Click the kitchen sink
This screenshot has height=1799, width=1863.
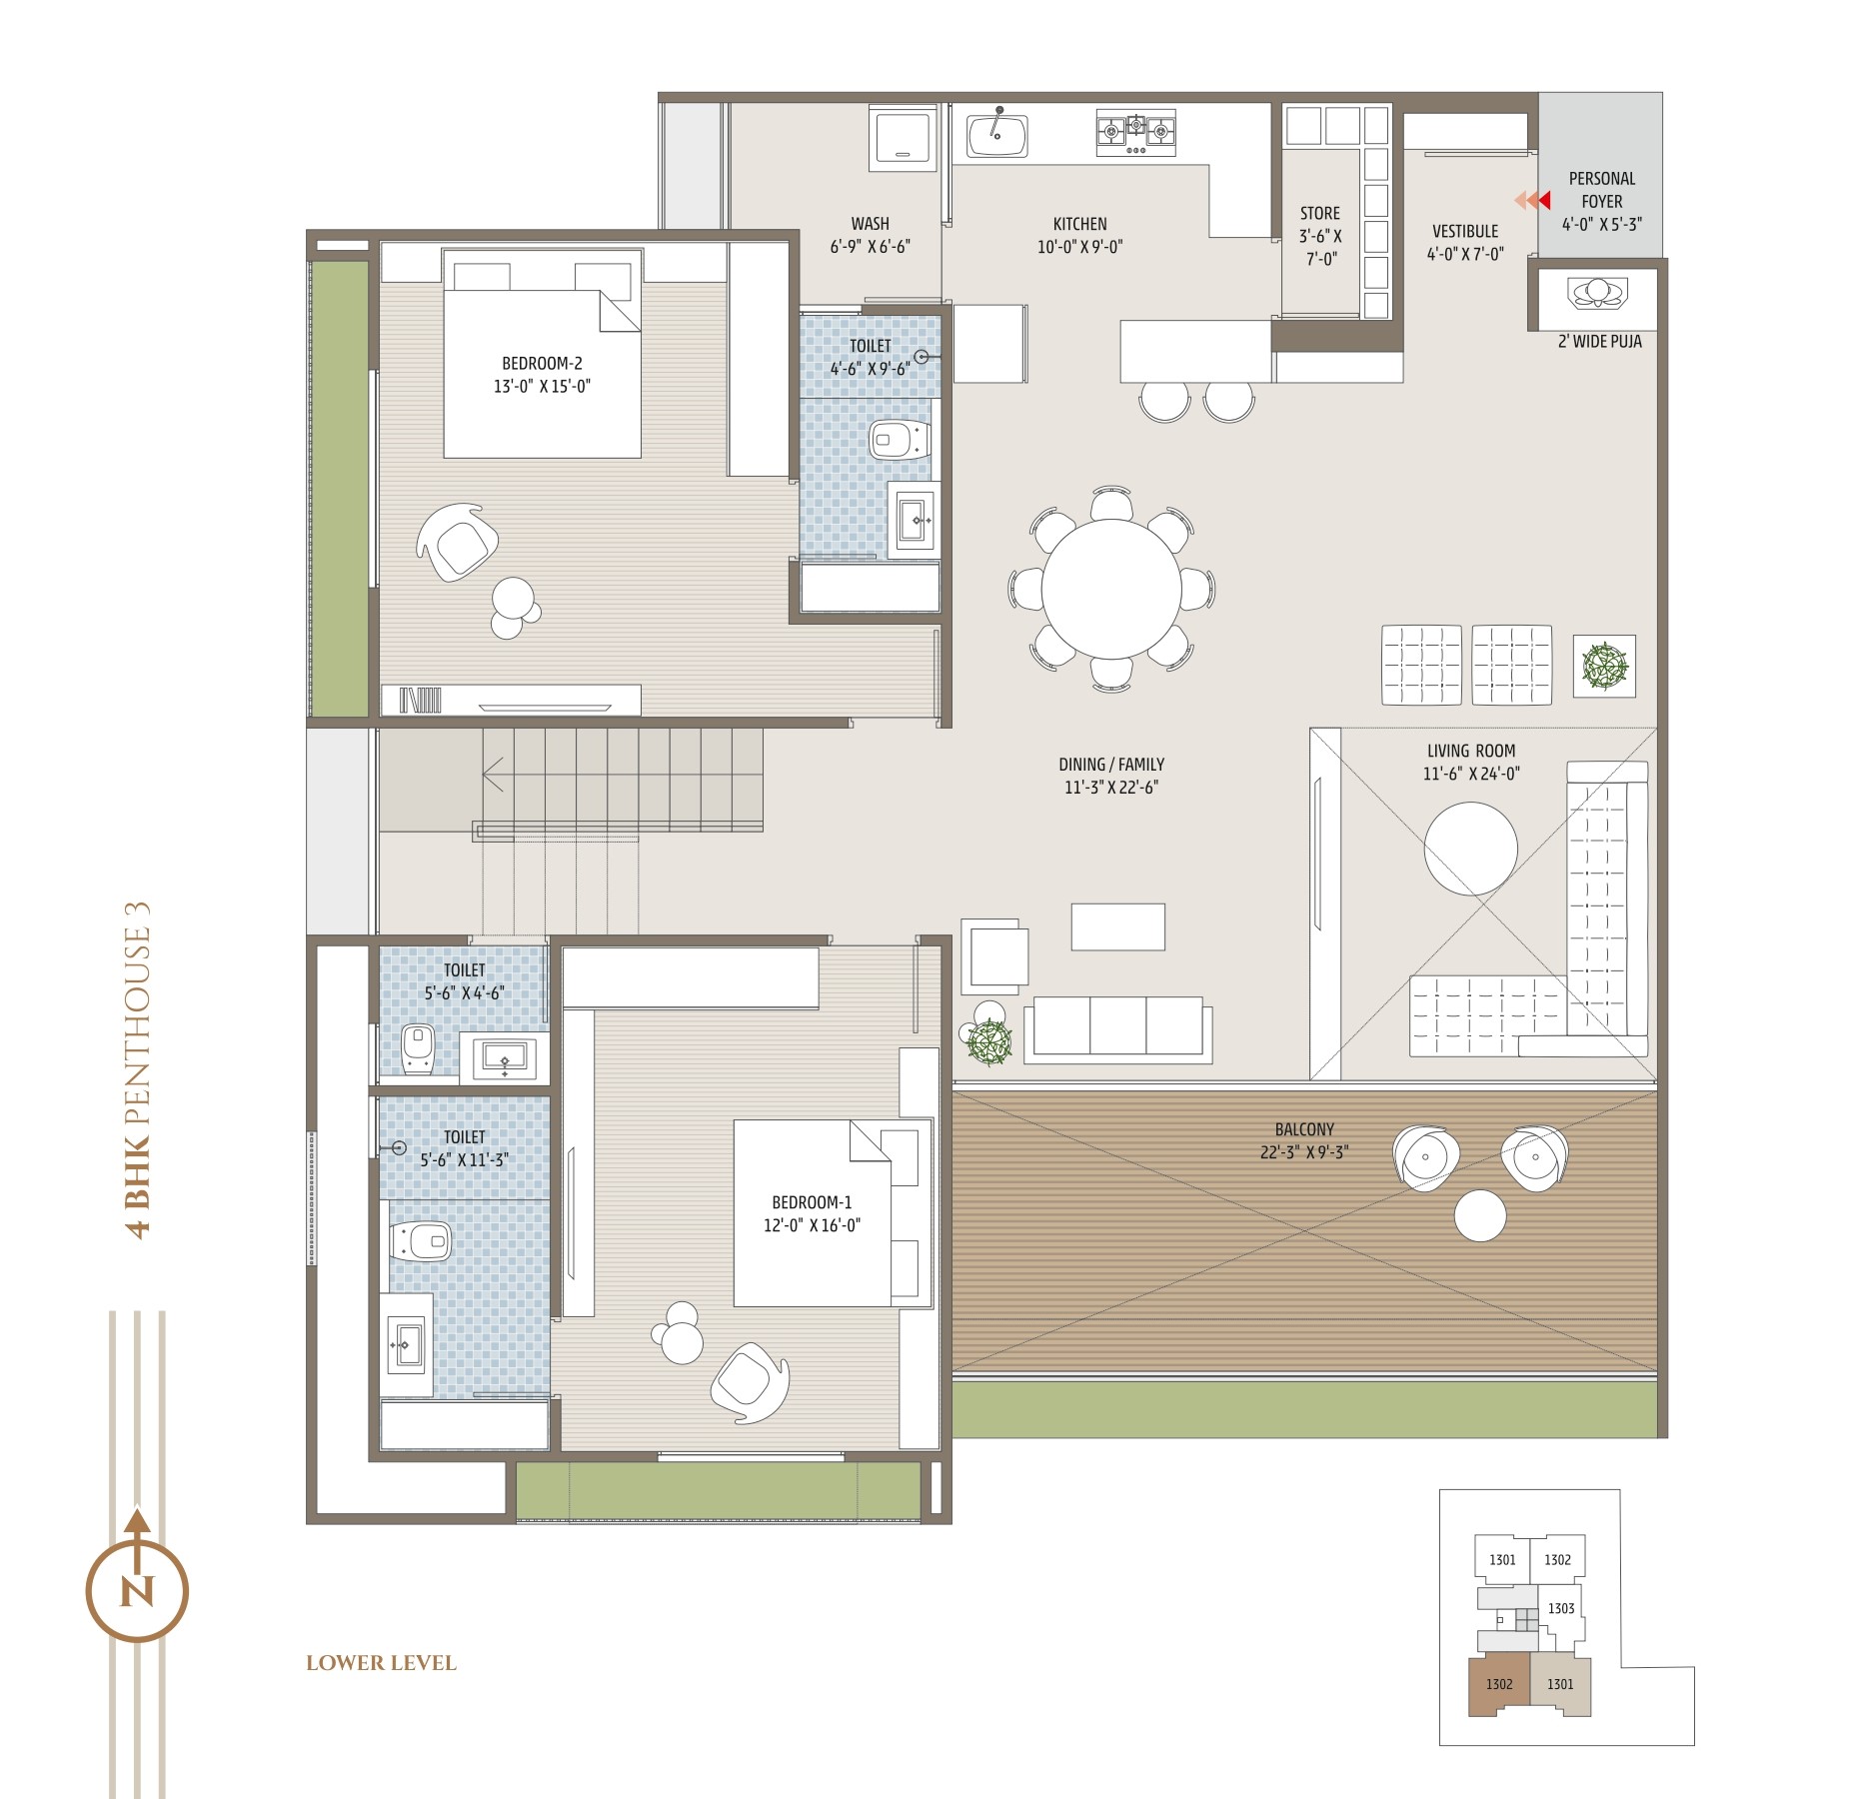coord(996,133)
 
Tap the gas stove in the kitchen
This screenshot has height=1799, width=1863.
coord(1135,133)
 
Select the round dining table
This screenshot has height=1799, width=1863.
coord(1111,589)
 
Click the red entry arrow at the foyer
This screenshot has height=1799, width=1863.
coord(1543,201)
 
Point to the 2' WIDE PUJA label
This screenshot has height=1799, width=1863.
coord(1599,342)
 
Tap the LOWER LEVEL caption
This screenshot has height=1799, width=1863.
coord(381,1663)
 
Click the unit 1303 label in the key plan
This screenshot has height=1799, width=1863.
coord(1561,1608)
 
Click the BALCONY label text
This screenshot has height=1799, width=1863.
coord(1304,1129)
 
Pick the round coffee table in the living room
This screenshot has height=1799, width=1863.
coord(1470,849)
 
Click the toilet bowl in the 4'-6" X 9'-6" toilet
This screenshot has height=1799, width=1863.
coord(900,439)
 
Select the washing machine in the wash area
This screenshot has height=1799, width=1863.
coord(906,136)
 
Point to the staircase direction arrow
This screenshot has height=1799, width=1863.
coord(494,775)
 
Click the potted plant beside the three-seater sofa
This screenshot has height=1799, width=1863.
coord(989,1041)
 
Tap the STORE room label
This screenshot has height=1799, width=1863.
coord(1320,214)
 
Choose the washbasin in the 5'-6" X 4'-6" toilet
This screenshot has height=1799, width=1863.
coord(504,1057)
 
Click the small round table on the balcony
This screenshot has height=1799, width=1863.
coord(1479,1215)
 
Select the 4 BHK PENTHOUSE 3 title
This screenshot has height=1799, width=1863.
coord(138,1070)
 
